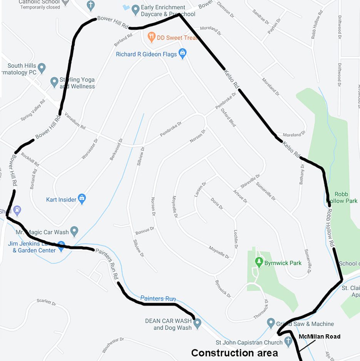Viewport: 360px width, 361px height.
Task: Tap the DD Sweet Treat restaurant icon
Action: point(151,37)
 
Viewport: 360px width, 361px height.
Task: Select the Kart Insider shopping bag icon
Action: point(82,199)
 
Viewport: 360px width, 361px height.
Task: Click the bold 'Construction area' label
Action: point(234,353)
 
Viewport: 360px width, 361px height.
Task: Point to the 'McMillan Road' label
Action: point(320,337)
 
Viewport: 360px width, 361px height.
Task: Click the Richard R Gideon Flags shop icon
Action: point(183,53)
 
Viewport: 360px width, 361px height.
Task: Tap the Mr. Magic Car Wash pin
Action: point(75,231)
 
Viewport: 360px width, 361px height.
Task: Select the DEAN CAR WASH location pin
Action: point(198,324)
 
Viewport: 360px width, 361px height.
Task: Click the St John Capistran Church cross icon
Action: point(288,341)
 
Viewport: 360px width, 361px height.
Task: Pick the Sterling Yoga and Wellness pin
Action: point(54,82)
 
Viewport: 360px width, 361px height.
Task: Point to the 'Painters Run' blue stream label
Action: point(158,298)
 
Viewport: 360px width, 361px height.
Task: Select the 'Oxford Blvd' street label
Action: point(228,117)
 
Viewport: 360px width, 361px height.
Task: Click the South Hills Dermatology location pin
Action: point(42,68)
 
